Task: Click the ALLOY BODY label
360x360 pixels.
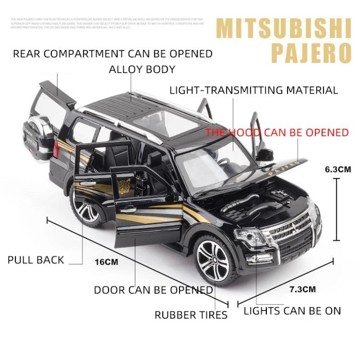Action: coord(142,69)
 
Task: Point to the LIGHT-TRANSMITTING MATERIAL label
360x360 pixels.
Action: coord(253,90)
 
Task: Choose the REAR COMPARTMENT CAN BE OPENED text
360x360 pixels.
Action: coord(112,54)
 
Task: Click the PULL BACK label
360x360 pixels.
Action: coord(36,260)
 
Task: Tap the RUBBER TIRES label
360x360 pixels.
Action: coord(191,315)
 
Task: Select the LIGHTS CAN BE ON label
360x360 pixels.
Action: coord(292,310)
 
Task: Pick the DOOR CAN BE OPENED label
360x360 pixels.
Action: coord(153,290)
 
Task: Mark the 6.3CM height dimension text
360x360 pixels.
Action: coord(337,170)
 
